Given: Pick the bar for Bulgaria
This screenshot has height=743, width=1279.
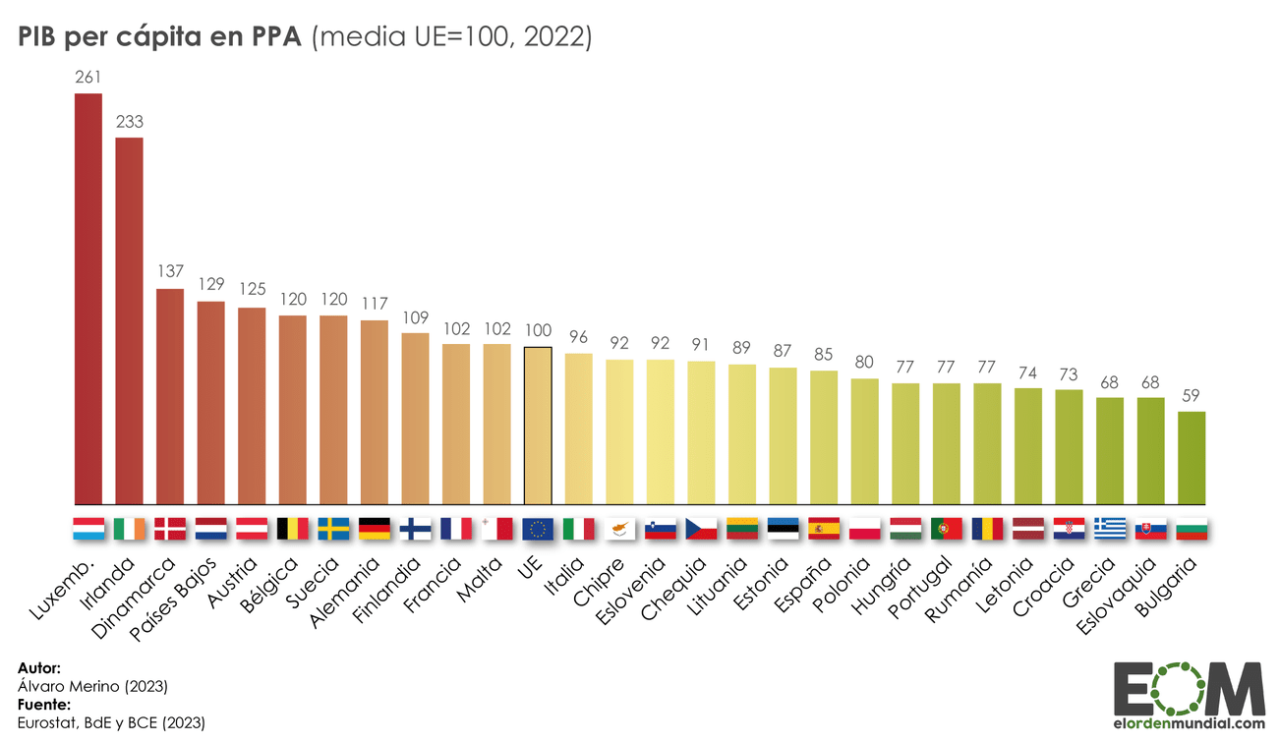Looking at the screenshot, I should point(1192,458).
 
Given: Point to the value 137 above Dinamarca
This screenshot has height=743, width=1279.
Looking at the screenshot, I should point(170,271).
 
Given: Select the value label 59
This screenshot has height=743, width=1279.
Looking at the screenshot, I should point(1192,395).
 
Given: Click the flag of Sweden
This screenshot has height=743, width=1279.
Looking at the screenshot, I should point(333,530).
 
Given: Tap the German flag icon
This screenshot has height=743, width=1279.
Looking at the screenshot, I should point(375,530).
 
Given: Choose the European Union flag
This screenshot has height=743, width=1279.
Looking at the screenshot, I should point(538,530).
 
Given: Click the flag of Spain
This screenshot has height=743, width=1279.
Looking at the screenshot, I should point(823,530).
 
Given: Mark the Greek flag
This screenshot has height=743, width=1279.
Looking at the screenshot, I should point(1110,530).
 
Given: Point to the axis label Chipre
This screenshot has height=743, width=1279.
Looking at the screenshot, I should point(598,581).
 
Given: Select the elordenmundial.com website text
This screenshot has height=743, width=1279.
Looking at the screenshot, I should point(1191,723).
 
